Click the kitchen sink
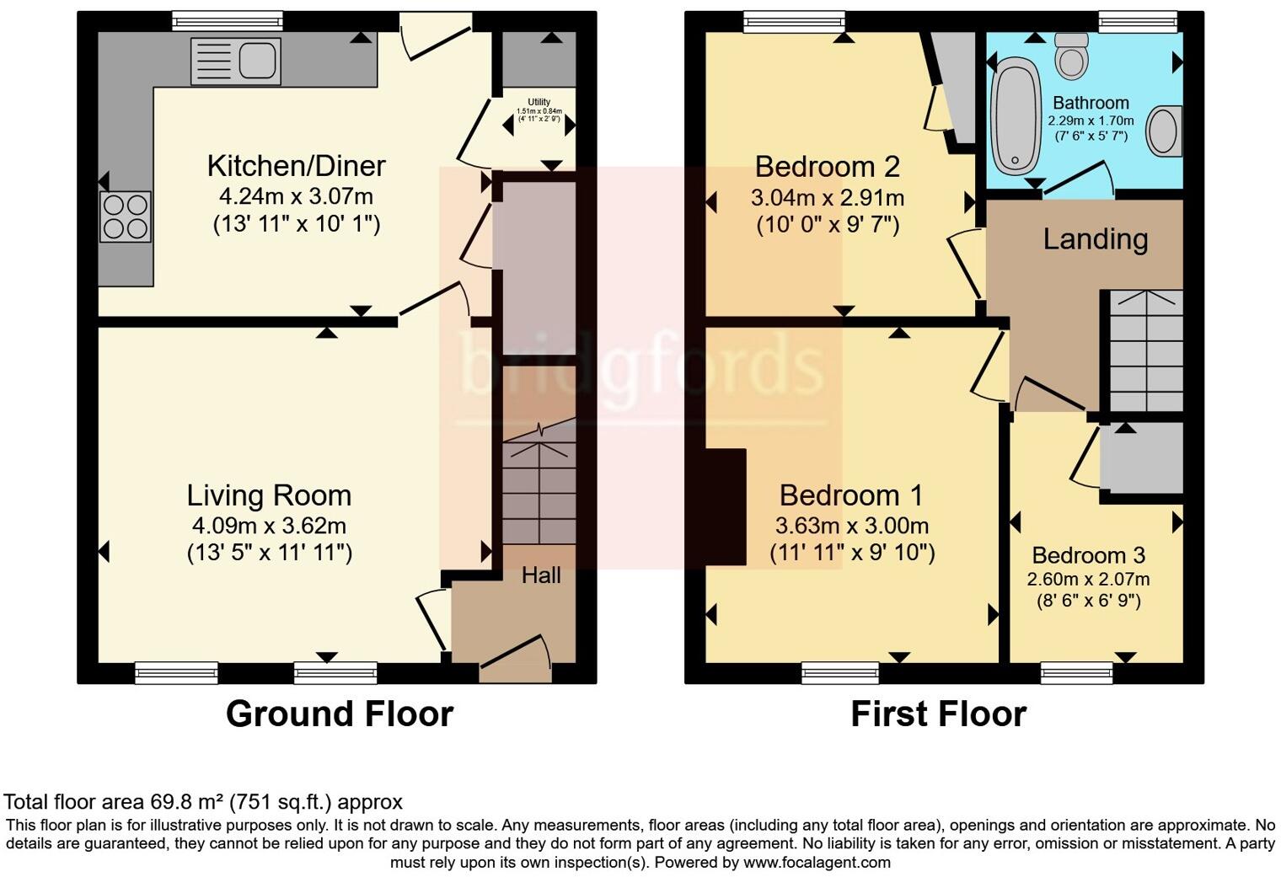click(236, 61)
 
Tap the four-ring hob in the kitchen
click(126, 217)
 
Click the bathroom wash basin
click(1164, 131)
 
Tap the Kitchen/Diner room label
click(297, 166)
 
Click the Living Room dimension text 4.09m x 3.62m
click(270, 526)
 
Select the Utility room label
click(539, 102)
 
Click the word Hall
click(541, 575)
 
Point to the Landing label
click(1096, 239)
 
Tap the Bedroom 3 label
click(1089, 555)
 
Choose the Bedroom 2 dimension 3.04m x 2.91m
click(828, 198)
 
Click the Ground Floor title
click(340, 714)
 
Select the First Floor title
click(939, 714)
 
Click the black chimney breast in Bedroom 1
click(726, 507)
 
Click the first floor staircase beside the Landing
click(1146, 350)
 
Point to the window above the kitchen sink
click(228, 21)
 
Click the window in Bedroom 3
click(1077, 673)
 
